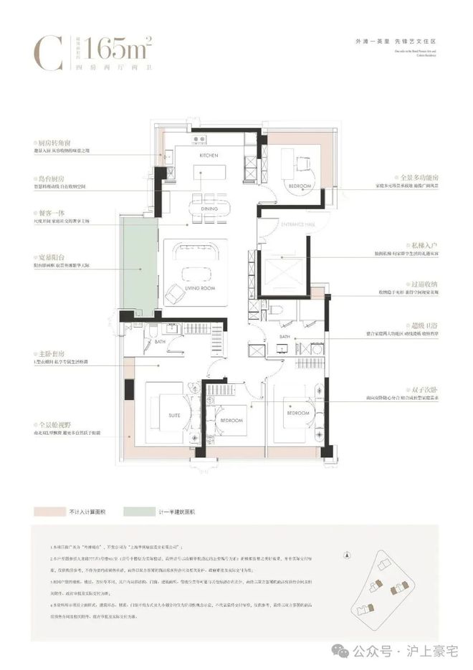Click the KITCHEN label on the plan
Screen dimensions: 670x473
click(208, 155)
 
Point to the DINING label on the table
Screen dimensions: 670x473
click(209, 209)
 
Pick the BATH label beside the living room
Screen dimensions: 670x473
click(159, 342)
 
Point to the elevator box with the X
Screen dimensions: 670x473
click(283, 272)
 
